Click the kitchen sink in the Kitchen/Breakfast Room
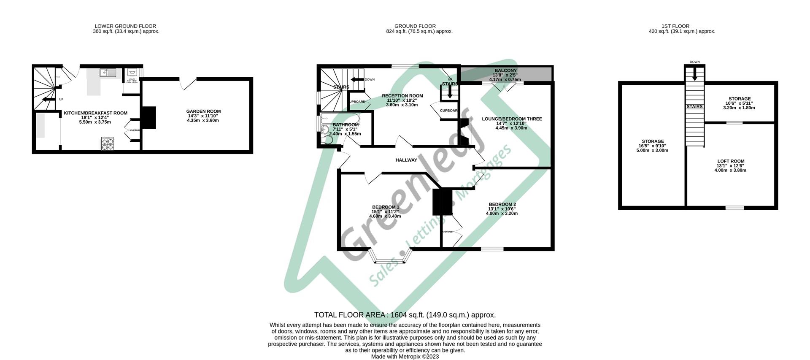[108, 73]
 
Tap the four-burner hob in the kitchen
[107, 143]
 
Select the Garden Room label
[203, 111]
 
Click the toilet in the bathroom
[326, 139]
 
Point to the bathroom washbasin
[325, 129]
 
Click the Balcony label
[505, 70]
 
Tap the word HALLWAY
[406, 160]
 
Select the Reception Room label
[402, 96]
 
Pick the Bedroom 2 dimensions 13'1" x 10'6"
[502, 209]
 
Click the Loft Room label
[731, 161]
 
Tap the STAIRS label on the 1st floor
[694, 107]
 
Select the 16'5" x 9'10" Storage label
[652, 146]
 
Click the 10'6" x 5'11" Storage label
[739, 103]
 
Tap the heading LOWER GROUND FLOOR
[125, 26]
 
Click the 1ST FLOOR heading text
[681, 26]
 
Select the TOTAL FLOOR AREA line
[405, 315]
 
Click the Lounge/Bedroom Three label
[512, 119]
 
